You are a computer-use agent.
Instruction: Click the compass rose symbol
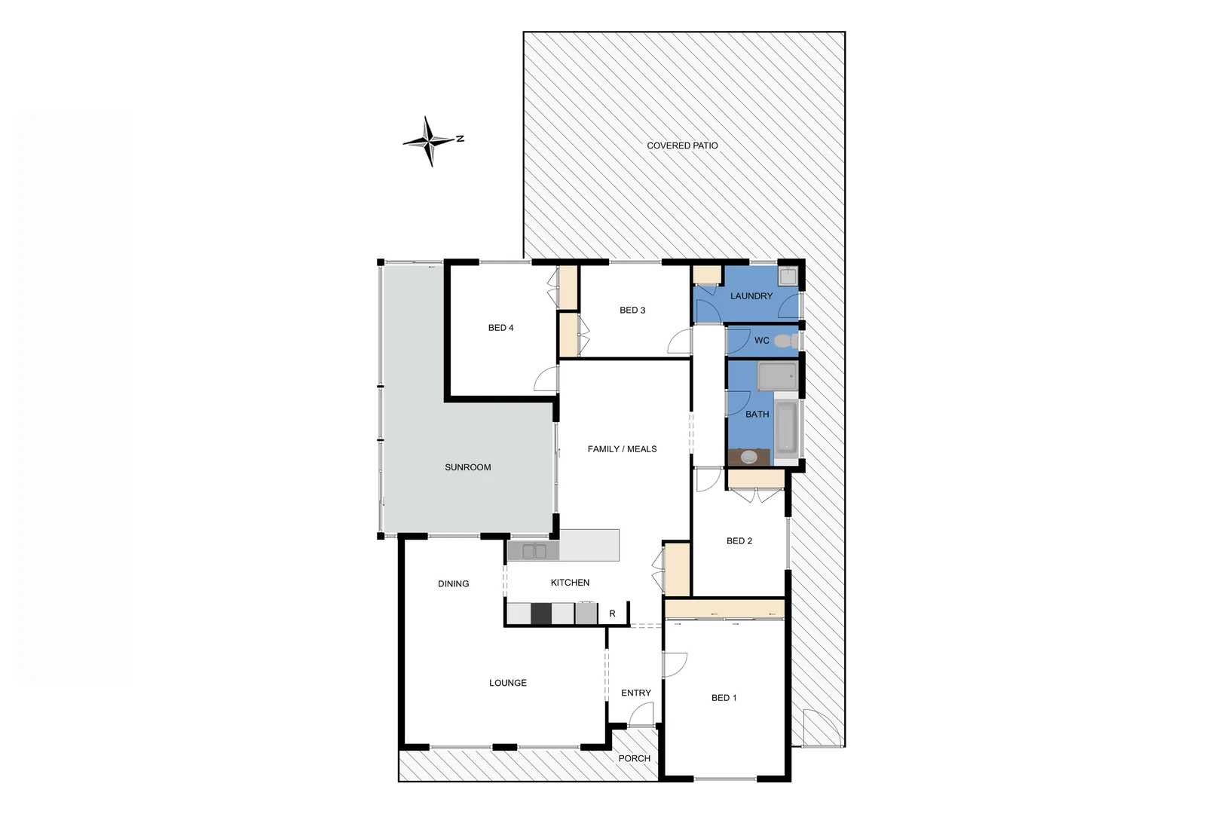(x=430, y=141)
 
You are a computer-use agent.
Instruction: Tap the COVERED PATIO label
(x=682, y=145)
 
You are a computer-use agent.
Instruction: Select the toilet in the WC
(x=785, y=341)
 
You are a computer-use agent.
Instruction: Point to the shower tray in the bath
(x=777, y=375)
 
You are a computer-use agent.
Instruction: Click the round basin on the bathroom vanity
(x=748, y=456)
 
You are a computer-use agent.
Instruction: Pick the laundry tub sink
(x=788, y=276)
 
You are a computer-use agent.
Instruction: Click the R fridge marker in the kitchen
(x=612, y=614)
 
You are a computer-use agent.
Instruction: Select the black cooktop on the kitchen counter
(x=540, y=614)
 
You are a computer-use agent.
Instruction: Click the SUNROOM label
(x=467, y=467)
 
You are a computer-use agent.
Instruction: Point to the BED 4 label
(x=500, y=328)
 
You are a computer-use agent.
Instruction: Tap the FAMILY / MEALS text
(x=622, y=449)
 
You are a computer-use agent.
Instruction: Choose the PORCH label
(x=634, y=758)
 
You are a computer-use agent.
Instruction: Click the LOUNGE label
(x=507, y=683)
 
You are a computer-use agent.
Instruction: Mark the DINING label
(x=453, y=583)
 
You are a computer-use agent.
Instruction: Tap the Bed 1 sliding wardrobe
(x=724, y=608)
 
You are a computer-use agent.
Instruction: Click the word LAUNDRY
(x=751, y=296)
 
